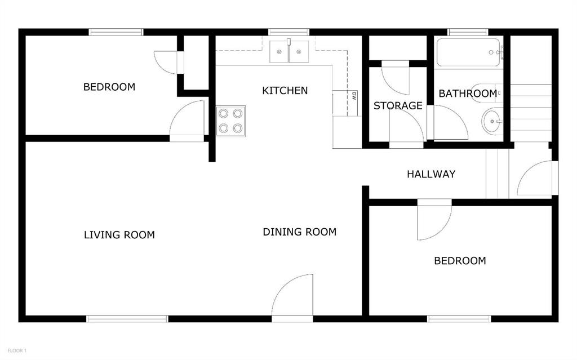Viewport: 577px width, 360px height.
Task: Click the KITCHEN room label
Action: click(x=285, y=91)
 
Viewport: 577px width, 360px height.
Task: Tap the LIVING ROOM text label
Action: click(x=119, y=235)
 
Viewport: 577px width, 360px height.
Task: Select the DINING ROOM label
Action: click(x=300, y=232)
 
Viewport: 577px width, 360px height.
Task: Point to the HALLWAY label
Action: click(x=431, y=174)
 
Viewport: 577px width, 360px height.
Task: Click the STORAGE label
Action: click(x=398, y=106)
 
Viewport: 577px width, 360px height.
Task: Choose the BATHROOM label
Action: click(x=468, y=94)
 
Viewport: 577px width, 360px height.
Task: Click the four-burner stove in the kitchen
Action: click(x=230, y=121)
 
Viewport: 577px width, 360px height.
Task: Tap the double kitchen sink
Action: click(x=289, y=51)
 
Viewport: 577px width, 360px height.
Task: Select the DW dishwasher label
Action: click(x=354, y=96)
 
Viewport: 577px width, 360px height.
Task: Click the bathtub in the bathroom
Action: click(x=468, y=52)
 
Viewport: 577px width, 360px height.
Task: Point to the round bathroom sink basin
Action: click(x=491, y=121)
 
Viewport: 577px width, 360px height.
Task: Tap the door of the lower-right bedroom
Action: click(x=434, y=220)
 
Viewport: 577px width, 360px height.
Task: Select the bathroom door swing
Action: click(x=451, y=123)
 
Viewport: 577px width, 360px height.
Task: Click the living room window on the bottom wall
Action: click(x=127, y=319)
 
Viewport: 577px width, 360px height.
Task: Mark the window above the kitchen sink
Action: click(x=289, y=32)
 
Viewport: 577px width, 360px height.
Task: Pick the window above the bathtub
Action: click(x=468, y=32)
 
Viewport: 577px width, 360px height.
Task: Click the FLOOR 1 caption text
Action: click(x=17, y=351)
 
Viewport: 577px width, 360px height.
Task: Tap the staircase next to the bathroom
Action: click(x=531, y=113)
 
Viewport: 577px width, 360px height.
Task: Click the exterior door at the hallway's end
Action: click(x=537, y=178)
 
